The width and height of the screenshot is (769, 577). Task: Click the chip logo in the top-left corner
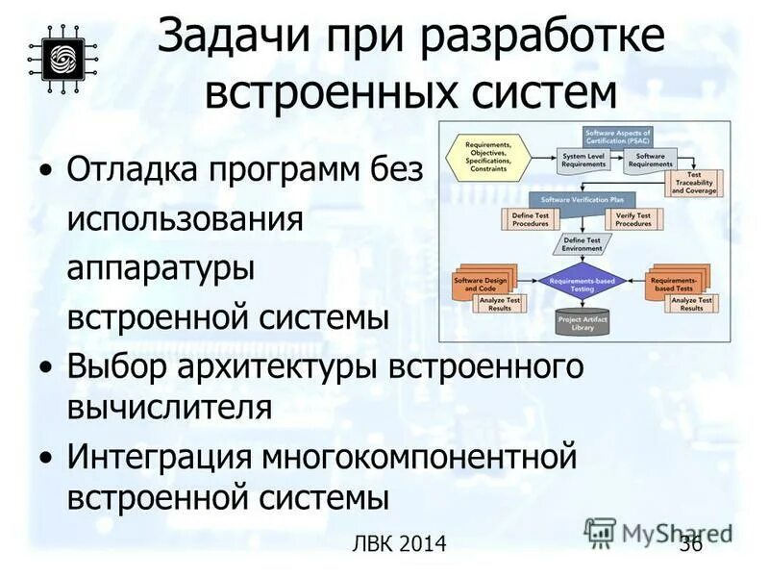point(58,57)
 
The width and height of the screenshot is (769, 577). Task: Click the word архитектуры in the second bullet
point(278,367)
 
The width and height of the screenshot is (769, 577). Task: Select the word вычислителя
point(169,407)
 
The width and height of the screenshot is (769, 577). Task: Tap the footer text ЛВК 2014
point(400,545)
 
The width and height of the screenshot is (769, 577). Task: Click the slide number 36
point(690,545)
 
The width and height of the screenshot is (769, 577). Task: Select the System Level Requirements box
point(583,160)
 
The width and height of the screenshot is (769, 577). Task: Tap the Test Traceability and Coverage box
point(693,184)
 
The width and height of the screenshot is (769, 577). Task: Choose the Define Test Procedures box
point(530,219)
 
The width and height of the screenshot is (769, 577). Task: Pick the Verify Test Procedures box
point(633,219)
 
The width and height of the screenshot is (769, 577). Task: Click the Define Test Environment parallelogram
point(582,244)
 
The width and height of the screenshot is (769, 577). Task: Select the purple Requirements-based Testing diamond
point(583,283)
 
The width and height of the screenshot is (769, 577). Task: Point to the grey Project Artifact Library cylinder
point(583,322)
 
